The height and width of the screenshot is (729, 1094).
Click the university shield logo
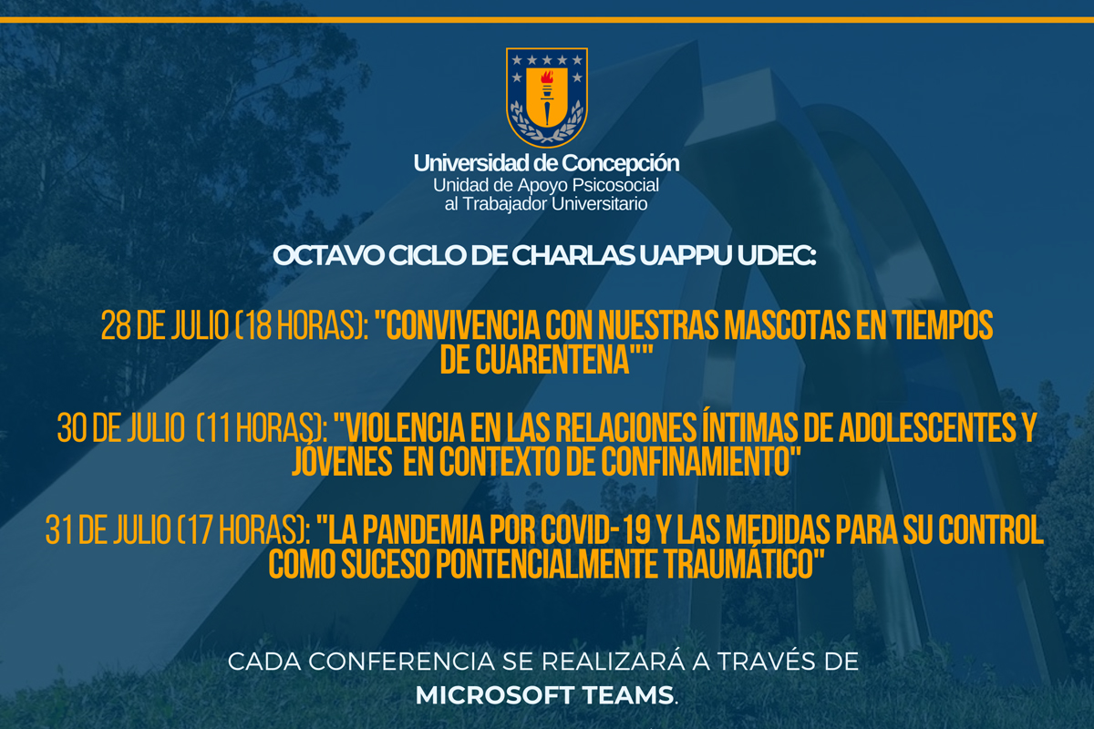click(546, 98)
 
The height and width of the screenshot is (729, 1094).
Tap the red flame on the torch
click(547, 77)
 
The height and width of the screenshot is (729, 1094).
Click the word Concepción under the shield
click(620, 164)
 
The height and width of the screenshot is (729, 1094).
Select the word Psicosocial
click(615, 186)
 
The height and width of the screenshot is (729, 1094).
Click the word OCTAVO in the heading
click(328, 255)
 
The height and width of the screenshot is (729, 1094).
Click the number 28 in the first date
click(116, 325)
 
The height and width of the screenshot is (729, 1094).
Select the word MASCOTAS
click(788, 324)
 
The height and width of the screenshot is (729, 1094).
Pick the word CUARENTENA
click(552, 360)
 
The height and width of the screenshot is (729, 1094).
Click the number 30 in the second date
click(72, 427)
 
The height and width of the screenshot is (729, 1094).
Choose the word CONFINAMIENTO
click(696, 461)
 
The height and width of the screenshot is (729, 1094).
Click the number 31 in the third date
click(58, 530)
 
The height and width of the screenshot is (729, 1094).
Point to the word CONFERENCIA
click(401, 662)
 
